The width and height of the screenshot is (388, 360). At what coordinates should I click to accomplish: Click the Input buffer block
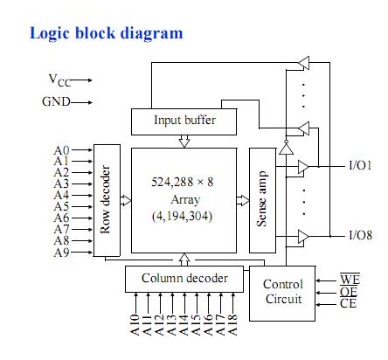point(184,121)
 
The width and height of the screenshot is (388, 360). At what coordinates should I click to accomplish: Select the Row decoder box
point(107,200)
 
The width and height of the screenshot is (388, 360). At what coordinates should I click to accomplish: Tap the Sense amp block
point(262,200)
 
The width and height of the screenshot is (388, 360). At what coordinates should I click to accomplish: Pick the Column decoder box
point(184,279)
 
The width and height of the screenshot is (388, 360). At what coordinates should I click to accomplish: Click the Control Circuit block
point(282,294)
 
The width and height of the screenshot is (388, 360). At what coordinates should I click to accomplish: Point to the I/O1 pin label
point(360,165)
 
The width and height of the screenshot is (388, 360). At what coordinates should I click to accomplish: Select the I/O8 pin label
point(360,235)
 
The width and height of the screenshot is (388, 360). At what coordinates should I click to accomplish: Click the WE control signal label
point(350,279)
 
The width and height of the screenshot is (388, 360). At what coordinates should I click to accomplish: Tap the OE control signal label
point(349,292)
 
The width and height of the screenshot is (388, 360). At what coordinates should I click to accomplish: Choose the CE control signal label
point(348,303)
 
